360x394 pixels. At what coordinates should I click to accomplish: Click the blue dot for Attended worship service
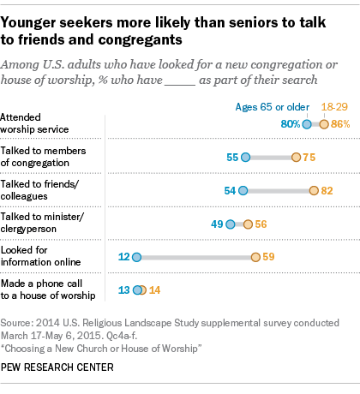click(307, 124)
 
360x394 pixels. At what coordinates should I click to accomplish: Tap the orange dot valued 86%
click(324, 124)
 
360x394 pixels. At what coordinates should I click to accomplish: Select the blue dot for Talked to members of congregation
click(245, 158)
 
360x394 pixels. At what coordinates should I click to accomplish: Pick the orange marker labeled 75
click(296, 158)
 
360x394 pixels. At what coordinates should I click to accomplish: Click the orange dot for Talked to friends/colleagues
click(314, 190)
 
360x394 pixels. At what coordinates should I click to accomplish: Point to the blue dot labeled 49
click(231, 224)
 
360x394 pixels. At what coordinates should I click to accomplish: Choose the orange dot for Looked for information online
click(255, 257)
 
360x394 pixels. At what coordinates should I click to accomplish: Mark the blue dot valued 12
click(137, 257)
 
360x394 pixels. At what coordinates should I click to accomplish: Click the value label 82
click(327, 191)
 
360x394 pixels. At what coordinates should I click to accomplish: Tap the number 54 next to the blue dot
click(230, 191)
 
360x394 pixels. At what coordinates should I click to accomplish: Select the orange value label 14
click(154, 290)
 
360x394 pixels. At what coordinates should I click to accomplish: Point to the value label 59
click(268, 257)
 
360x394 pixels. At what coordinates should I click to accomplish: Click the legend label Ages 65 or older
click(273, 107)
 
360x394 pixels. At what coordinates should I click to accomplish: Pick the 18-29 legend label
click(334, 107)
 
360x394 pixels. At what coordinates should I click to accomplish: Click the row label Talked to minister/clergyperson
click(42, 223)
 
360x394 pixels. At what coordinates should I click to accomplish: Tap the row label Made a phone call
click(41, 284)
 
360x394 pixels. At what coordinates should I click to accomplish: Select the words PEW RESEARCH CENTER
click(57, 367)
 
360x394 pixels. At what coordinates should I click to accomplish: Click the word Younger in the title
click(28, 23)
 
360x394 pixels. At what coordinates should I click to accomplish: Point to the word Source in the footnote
click(16, 323)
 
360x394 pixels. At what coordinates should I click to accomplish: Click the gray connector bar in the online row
click(196, 258)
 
